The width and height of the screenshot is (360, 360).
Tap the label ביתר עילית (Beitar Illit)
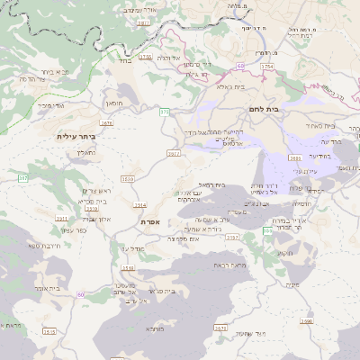pyautogui.click(x=75, y=136)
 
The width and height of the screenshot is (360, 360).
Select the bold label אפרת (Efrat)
pyautogui.click(x=149, y=220)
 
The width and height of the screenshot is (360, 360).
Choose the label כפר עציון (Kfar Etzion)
pyautogui.click(x=76, y=230)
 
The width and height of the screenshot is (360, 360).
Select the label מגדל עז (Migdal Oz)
pyautogui.click(x=132, y=247)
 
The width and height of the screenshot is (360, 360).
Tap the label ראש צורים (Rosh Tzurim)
pyautogui.click(x=94, y=191)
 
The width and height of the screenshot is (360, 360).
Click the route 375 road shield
pyautogui.click(x=165, y=111)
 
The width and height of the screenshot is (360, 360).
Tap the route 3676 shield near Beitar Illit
pyautogui.click(x=107, y=123)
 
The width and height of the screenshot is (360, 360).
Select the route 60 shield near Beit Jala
pyautogui.click(x=240, y=66)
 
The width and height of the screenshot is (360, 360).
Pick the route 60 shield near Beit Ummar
pyautogui.click(x=81, y=294)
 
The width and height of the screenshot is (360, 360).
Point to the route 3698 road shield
pyautogui.click(x=307, y=320)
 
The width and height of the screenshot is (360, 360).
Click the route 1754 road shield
pyautogui.click(x=265, y=67)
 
